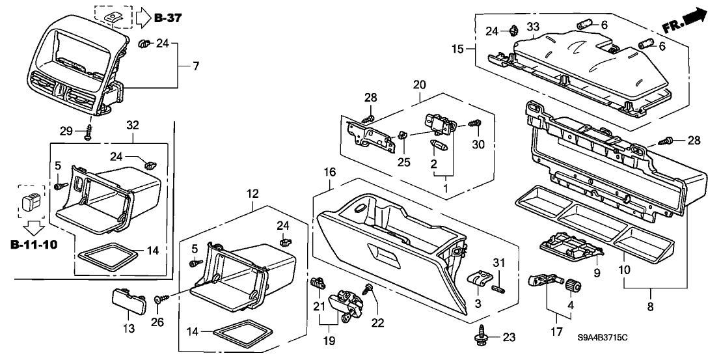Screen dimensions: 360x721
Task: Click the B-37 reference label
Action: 168,18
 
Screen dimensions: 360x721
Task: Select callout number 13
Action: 130,329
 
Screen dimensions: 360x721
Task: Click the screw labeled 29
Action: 87,133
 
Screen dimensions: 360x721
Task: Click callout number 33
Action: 533,27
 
